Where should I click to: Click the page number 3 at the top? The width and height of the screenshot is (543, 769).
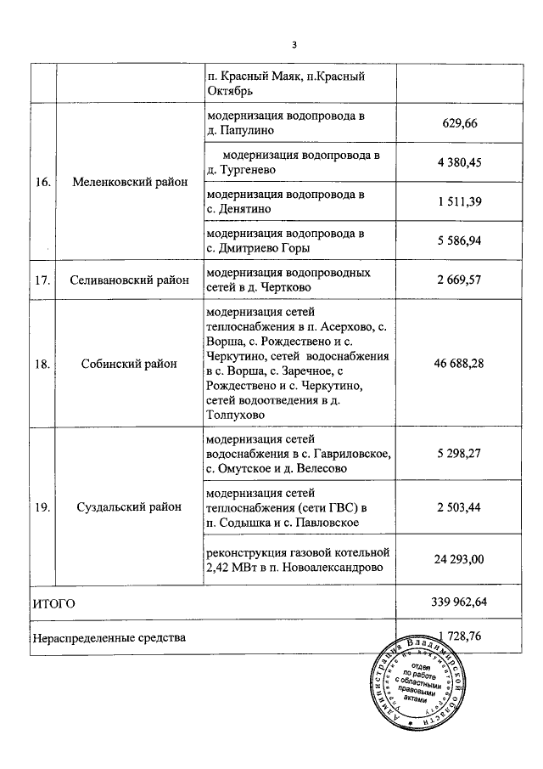point(294,45)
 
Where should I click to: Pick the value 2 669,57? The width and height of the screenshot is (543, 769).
point(460,280)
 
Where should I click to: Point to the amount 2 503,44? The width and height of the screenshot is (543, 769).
point(460,507)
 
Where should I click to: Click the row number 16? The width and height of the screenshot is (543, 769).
point(43,181)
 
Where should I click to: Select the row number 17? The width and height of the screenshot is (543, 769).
point(43,280)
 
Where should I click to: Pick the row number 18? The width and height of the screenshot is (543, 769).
point(43,363)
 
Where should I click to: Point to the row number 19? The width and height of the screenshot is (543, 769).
point(43,507)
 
